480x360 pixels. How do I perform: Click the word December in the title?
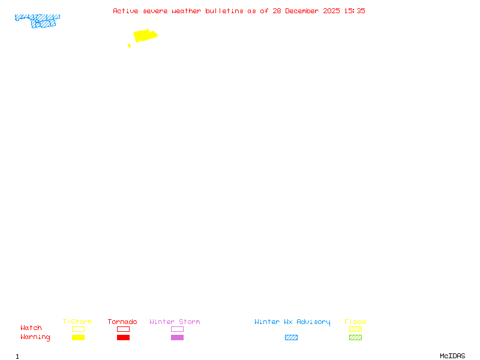(302, 11)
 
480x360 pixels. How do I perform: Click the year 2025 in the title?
(331, 11)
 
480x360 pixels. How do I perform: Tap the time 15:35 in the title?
(355, 11)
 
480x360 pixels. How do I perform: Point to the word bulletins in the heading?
(224, 11)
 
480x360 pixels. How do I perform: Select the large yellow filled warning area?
(145, 35)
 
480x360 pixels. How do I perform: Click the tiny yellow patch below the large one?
(129, 46)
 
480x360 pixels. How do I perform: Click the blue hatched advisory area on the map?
(38, 20)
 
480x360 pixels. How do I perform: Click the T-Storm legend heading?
(77, 322)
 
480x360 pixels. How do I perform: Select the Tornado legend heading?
(122, 322)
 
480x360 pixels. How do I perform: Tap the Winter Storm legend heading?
(175, 322)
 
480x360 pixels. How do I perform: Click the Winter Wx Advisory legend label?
(292, 322)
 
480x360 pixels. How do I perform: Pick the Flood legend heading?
(355, 322)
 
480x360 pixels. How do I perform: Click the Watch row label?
(31, 328)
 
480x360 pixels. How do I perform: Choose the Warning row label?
(35, 337)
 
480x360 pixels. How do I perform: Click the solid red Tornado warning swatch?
(124, 337)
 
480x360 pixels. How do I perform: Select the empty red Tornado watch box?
(124, 326)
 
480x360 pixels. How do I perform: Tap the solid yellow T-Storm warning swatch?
(79, 337)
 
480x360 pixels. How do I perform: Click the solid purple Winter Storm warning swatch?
(177, 337)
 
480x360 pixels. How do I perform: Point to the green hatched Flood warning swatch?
(355, 337)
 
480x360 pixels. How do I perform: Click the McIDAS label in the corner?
(452, 356)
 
